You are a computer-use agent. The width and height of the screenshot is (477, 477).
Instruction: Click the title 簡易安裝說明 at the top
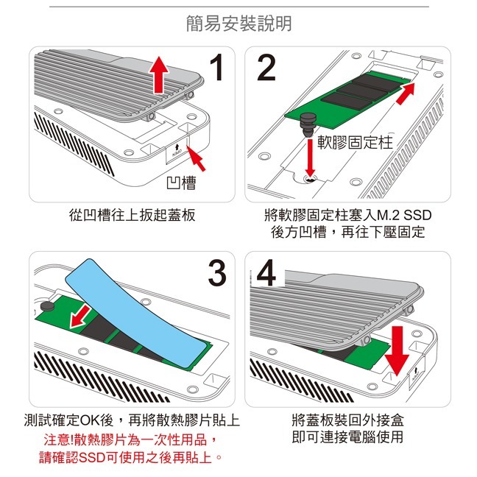[x=238, y=24]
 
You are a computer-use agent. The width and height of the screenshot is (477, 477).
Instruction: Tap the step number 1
[x=216, y=70]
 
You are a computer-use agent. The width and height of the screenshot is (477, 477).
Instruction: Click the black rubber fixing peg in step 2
[x=309, y=121]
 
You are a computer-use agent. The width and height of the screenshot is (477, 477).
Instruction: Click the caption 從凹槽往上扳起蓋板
[x=132, y=216]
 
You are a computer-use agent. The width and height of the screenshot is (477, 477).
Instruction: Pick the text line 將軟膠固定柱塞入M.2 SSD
[x=347, y=216]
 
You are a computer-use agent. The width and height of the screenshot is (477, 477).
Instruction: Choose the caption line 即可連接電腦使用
[x=347, y=437]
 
